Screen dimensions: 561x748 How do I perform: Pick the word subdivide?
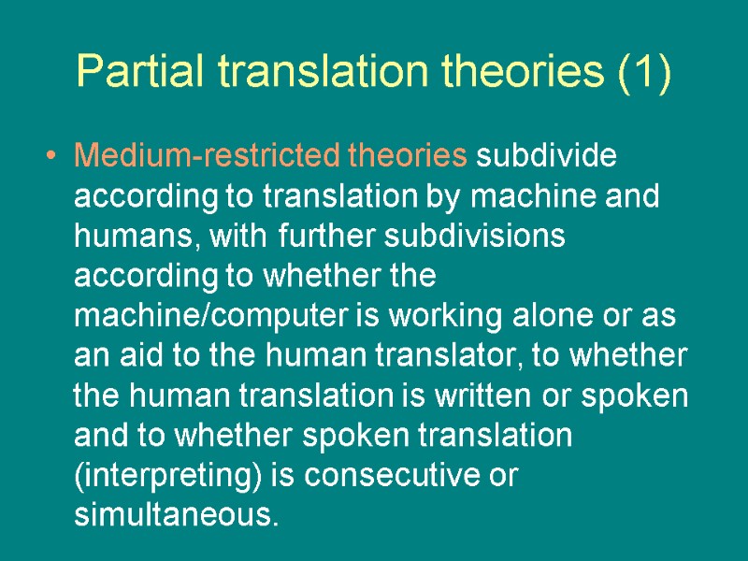click(546, 155)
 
